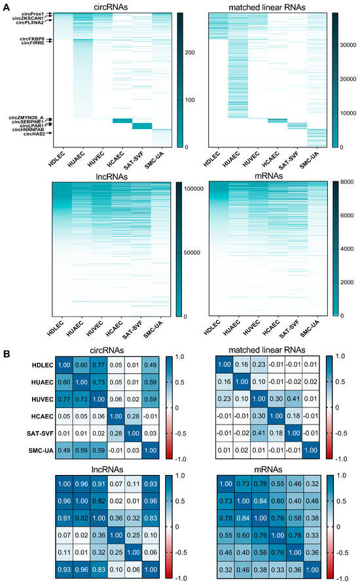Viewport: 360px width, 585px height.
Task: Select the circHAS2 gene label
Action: [34, 134]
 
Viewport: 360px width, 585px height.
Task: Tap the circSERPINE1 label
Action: [27, 121]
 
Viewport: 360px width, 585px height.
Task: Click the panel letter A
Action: [6, 5]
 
